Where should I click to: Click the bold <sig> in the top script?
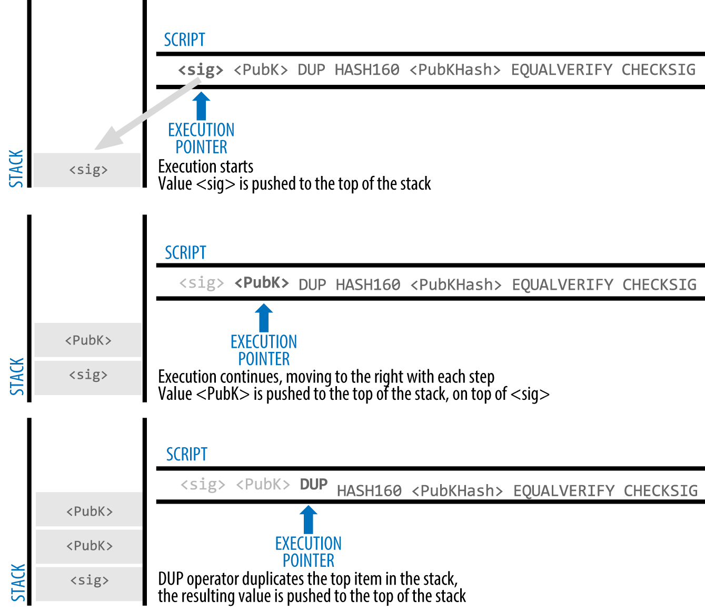(x=201, y=70)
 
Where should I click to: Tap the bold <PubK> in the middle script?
(x=262, y=283)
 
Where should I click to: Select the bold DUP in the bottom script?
(x=314, y=485)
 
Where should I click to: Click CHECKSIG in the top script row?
(x=658, y=70)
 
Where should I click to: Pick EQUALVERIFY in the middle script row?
(x=562, y=285)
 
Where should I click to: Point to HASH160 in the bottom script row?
(x=369, y=491)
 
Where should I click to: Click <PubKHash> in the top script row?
(x=455, y=70)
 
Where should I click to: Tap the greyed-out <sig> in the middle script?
(x=202, y=283)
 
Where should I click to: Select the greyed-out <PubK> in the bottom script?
(x=263, y=485)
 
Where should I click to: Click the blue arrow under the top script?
(x=201, y=106)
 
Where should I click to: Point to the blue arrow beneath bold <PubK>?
(x=264, y=318)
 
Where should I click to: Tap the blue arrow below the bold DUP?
(x=309, y=519)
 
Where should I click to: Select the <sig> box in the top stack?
(x=88, y=170)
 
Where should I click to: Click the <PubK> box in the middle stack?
(x=88, y=340)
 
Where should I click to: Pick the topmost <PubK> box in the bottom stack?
(x=90, y=511)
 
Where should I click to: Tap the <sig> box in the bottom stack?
(x=90, y=581)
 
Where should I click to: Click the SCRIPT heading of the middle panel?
(x=185, y=253)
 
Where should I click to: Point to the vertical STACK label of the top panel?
(x=16, y=169)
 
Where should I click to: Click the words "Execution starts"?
(x=206, y=167)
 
